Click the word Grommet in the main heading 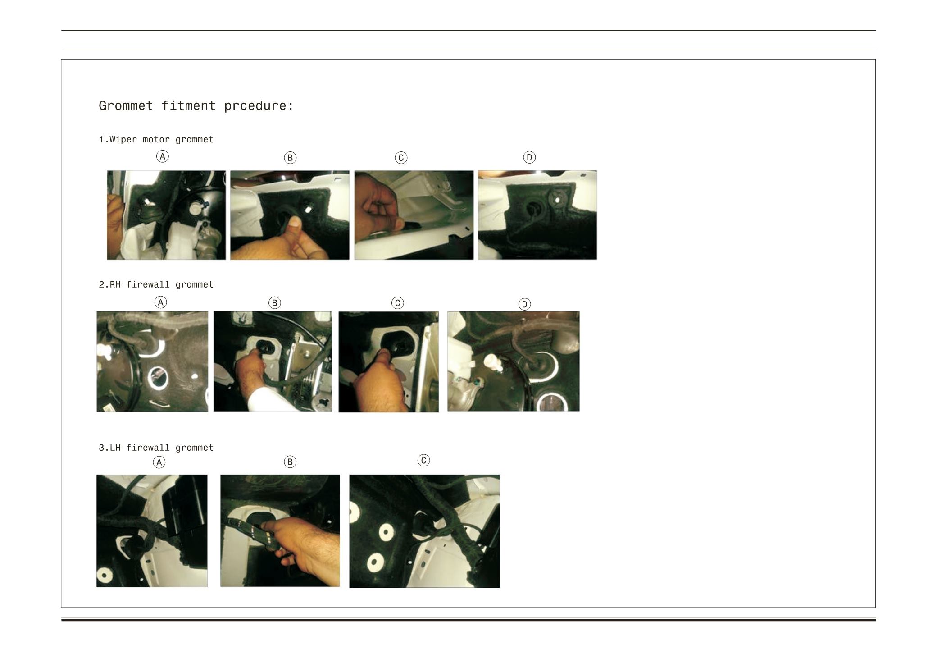[x=126, y=105]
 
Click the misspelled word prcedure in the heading [x=259, y=106]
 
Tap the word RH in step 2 [x=115, y=284]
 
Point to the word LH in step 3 [x=115, y=448]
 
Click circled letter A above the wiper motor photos [x=163, y=156]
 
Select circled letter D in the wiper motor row [x=529, y=157]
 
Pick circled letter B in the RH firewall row [x=274, y=303]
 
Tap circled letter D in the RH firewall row [x=524, y=304]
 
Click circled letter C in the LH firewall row [x=423, y=460]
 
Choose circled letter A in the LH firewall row [x=159, y=462]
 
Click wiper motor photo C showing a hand [x=414, y=215]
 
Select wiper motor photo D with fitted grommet [x=537, y=215]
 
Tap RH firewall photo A [x=152, y=361]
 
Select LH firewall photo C [x=424, y=531]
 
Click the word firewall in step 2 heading [x=148, y=284]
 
